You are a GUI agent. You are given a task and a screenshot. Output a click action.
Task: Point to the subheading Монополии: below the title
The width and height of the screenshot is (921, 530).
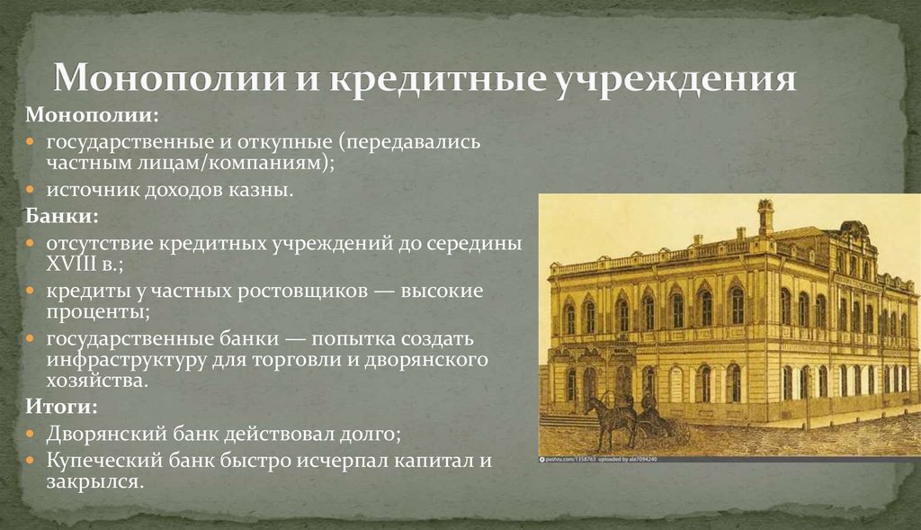point(93,117)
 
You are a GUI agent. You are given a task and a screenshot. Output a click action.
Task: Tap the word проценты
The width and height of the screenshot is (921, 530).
point(100,311)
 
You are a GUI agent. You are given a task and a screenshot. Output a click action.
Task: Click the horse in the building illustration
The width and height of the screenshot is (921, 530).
point(601,416)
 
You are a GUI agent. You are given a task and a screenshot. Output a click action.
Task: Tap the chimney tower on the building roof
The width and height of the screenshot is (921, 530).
point(765,217)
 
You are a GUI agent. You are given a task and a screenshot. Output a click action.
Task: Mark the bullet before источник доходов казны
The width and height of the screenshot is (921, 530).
point(31,191)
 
